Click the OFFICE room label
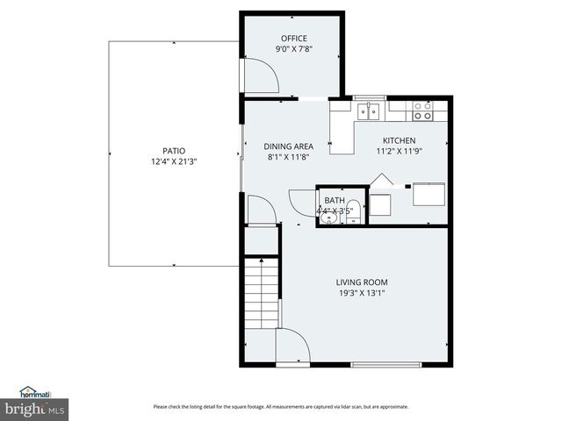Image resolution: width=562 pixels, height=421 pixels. [x=293, y=38]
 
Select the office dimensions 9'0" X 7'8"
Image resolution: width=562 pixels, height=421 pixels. [x=293, y=49]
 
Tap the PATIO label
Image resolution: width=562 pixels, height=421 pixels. [x=173, y=150]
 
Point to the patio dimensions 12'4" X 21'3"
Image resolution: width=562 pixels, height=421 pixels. [x=173, y=161]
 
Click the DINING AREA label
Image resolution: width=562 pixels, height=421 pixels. [x=289, y=146]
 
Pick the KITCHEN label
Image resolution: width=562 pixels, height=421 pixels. [x=399, y=140]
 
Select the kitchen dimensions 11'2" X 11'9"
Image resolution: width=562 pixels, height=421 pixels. [x=399, y=152]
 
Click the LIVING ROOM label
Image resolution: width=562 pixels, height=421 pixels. [x=361, y=282]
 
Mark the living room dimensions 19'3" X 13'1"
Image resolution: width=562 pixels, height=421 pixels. [x=361, y=293]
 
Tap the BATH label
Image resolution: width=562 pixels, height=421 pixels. [x=335, y=201]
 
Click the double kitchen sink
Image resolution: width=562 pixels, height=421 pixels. [x=369, y=111]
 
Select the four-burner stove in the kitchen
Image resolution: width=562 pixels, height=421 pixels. [x=422, y=111]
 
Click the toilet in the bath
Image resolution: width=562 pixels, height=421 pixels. [x=353, y=211]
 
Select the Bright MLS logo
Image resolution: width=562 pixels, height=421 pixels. [x=35, y=409]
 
